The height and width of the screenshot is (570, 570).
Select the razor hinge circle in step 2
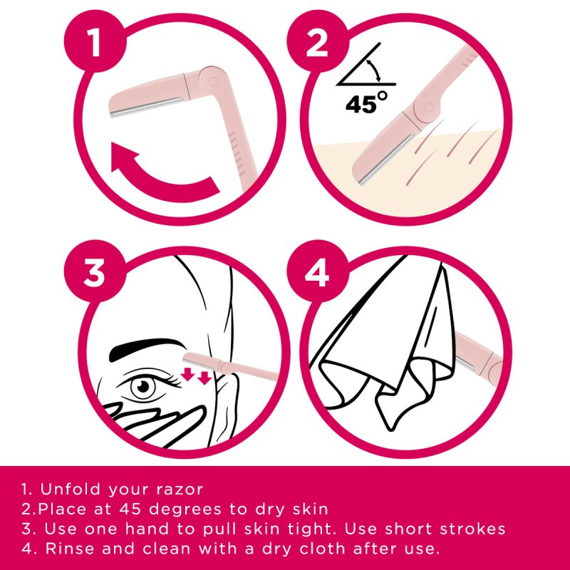click(x=428, y=108)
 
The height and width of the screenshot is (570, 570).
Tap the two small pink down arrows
click(x=197, y=375)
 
